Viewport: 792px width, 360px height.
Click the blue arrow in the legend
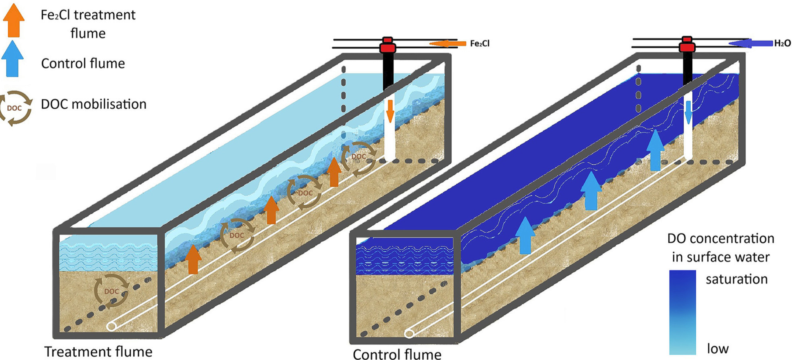point(13,59)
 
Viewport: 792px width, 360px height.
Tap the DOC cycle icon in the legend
point(15,108)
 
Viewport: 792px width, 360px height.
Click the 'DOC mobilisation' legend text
point(94,104)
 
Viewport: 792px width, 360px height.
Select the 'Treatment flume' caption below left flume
point(98,351)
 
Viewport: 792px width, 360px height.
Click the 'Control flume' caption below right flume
point(397,354)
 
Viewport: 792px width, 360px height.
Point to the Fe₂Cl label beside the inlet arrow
point(480,43)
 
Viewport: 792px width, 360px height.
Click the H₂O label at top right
point(782,43)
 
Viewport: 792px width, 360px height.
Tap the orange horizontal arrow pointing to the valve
point(448,43)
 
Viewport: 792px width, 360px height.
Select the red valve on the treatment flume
point(387,45)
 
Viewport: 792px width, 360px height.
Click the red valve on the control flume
point(687,45)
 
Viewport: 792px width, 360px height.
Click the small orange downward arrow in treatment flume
point(390,111)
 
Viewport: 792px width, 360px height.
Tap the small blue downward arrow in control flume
point(688,112)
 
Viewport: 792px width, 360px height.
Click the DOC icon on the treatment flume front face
point(111,291)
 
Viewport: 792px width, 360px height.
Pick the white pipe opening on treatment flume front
point(111,326)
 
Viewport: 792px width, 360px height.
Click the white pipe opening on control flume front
point(409,333)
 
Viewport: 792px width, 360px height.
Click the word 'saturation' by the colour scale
point(736,279)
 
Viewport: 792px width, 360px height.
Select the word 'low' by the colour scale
point(718,349)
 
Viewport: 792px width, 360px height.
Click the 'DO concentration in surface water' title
point(721,248)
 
